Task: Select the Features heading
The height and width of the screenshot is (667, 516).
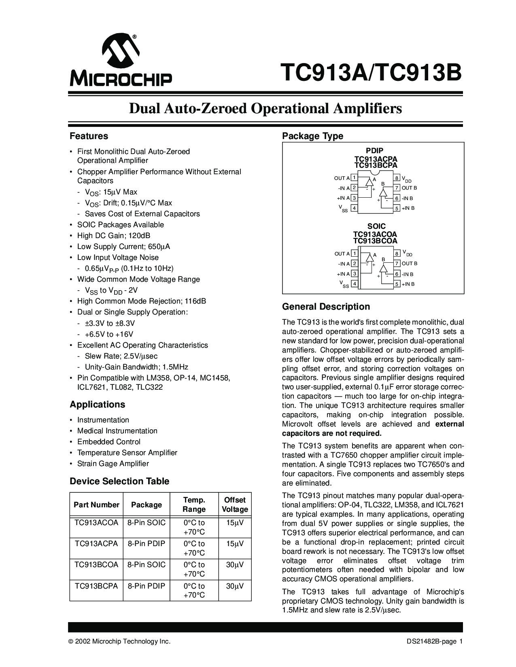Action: point(89,136)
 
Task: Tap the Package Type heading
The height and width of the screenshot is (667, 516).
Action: point(312,136)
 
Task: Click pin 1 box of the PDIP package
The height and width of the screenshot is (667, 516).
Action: point(354,178)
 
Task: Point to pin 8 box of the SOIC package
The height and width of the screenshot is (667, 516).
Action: point(397,253)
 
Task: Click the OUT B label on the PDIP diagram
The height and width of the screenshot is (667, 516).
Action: point(409,188)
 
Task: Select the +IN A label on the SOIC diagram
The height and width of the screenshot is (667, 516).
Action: point(343,274)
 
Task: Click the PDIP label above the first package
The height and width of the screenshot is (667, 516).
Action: point(376,151)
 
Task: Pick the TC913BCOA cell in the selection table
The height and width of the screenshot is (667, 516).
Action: point(96,565)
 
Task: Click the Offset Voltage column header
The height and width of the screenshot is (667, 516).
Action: point(235,504)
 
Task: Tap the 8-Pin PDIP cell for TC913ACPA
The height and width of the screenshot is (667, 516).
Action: point(147,544)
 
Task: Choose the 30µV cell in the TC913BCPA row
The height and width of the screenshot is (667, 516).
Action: point(235,586)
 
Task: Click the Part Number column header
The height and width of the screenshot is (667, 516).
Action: point(96,504)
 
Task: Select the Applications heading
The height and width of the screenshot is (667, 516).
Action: point(97,404)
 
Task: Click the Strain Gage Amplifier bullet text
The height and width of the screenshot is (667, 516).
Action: point(113,464)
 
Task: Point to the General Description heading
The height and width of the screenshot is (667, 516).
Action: point(326,306)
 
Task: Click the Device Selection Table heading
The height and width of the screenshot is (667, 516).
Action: point(119,481)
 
